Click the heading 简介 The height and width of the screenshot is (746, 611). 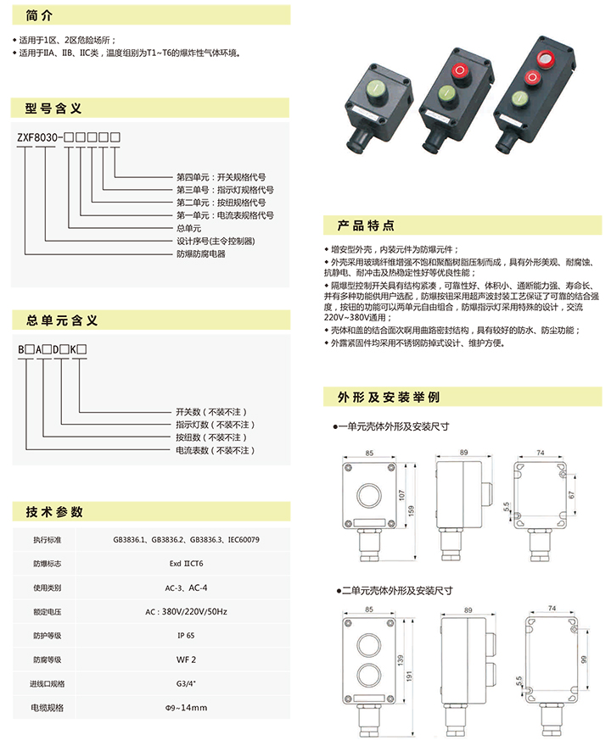[39, 16]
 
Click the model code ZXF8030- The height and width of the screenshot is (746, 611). [40, 137]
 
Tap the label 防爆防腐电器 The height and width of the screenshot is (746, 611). [201, 254]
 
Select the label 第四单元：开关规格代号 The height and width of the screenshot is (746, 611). [221, 177]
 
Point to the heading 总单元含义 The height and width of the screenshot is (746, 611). [62, 320]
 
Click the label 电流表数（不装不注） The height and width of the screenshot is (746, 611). [216, 450]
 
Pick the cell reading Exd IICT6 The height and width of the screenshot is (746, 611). [186, 563]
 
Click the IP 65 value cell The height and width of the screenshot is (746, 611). [186, 635]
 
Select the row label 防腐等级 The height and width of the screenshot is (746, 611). [48, 660]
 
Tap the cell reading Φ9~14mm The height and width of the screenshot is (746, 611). [186, 708]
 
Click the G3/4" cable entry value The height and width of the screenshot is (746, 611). [186, 683]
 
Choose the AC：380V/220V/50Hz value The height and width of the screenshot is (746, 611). [186, 611]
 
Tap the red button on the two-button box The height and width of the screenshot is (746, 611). [460, 72]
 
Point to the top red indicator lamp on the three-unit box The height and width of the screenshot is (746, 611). [546, 58]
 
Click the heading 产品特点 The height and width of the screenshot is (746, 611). [366, 225]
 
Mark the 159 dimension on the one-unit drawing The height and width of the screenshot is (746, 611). [411, 510]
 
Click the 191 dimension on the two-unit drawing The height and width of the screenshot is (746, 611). [409, 676]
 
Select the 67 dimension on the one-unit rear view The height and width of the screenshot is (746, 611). [571, 495]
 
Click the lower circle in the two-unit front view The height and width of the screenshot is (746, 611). [369, 675]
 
